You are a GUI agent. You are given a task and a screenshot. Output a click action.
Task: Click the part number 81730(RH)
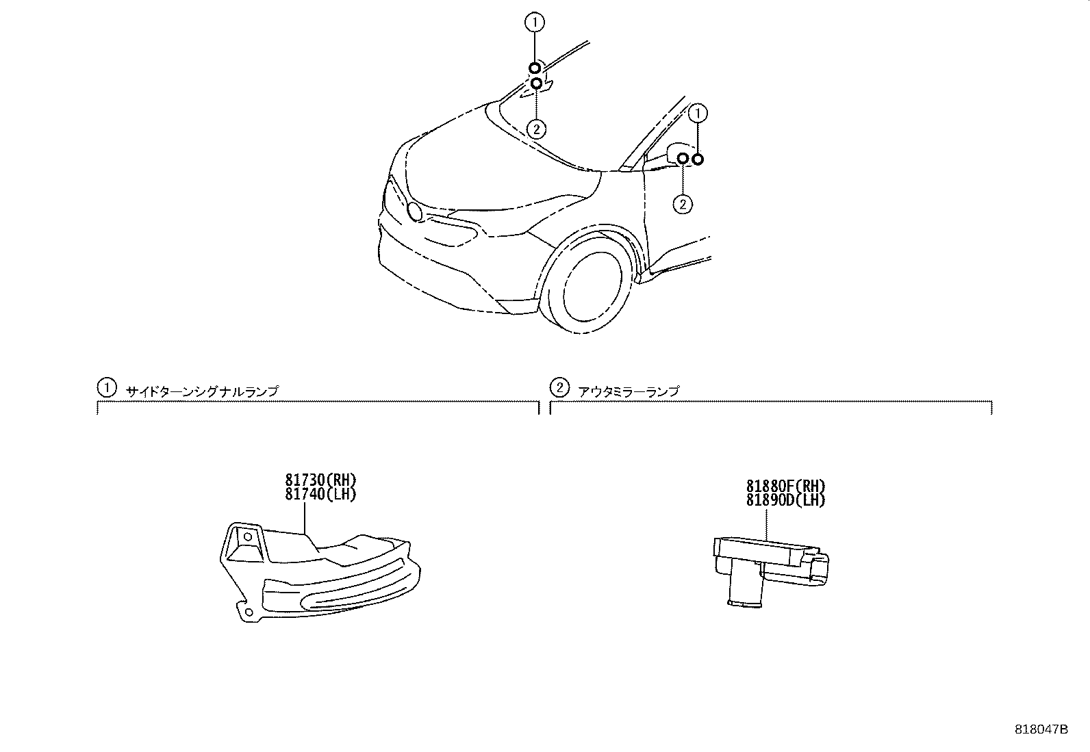[320, 480]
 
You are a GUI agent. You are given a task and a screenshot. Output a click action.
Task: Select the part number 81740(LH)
[320, 494]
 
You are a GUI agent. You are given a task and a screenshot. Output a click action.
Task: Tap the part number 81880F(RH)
[786, 486]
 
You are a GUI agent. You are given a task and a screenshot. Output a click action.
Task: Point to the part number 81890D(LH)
[786, 500]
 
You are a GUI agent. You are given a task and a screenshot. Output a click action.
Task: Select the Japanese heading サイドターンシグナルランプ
[203, 391]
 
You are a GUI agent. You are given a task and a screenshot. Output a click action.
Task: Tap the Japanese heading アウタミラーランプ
[629, 391]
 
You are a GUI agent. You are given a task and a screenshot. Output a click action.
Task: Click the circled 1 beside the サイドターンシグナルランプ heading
[107, 388]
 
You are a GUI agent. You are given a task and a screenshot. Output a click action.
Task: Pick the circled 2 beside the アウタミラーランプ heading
[559, 388]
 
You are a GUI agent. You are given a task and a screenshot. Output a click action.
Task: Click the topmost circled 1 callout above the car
[535, 23]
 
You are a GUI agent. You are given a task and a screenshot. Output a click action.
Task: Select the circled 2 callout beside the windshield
[536, 129]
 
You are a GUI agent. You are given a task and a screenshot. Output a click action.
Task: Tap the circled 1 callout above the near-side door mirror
[698, 114]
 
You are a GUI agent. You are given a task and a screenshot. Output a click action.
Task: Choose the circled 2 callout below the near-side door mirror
[683, 205]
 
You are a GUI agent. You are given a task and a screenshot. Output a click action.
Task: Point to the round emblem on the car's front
[415, 211]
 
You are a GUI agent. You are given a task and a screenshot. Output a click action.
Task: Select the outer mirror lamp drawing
[771, 572]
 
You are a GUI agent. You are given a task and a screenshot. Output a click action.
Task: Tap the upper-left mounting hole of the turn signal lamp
[248, 537]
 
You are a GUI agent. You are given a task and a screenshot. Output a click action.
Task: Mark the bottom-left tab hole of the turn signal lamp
[249, 612]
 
